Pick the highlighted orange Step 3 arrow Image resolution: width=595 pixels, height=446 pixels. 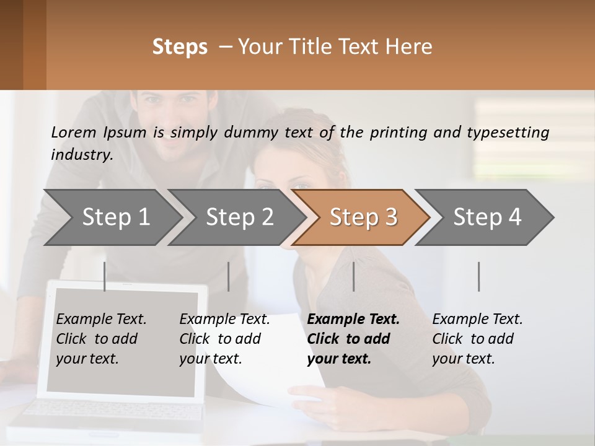[x=363, y=217]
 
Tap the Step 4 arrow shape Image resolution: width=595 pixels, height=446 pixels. [x=487, y=217]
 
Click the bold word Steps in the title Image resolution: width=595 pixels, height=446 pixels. [x=180, y=47]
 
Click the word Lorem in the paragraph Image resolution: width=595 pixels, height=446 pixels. [x=73, y=132]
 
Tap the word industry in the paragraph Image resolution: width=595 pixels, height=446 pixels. [x=81, y=154]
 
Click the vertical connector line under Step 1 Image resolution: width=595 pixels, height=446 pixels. [x=105, y=276]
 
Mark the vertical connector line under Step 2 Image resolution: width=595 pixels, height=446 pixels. [x=229, y=276]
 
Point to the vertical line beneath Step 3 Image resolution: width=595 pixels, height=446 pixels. [x=353, y=276]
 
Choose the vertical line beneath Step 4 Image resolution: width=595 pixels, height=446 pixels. [x=478, y=276]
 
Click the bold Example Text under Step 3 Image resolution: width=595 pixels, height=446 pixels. [x=353, y=320]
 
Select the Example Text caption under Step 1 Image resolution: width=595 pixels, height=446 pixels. [x=101, y=320]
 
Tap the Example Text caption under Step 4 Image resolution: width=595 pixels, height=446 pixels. [x=477, y=320]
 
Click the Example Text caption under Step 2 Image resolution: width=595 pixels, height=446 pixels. [x=224, y=320]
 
